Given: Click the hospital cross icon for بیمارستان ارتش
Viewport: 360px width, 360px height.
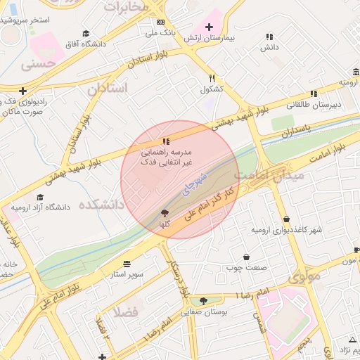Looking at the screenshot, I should [x=209, y=27].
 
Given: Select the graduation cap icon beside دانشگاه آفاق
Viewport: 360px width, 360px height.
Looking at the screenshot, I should [x=86, y=33].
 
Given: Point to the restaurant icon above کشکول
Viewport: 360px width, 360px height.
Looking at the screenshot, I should [x=212, y=79].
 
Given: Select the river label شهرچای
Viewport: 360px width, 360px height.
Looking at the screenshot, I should [x=194, y=180].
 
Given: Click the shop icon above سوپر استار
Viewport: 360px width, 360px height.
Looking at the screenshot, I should [x=127, y=263].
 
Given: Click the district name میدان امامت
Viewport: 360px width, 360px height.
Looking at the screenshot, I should [x=269, y=175].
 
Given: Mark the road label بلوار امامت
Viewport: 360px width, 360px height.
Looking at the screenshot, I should [x=329, y=156].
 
